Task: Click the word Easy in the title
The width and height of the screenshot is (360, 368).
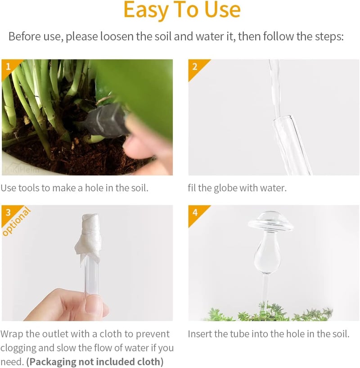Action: tap(146, 10)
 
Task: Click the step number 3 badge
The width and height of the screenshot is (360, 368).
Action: tap(8, 212)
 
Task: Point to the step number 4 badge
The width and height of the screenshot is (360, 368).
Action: tap(195, 212)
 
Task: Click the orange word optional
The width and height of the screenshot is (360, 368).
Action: tap(17, 221)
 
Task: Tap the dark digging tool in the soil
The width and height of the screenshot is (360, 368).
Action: tap(106, 121)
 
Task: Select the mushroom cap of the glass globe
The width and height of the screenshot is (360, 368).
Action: tap(270, 222)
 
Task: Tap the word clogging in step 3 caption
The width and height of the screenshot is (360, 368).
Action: tap(18, 348)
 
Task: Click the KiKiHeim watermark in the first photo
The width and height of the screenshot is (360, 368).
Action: tap(21, 170)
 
